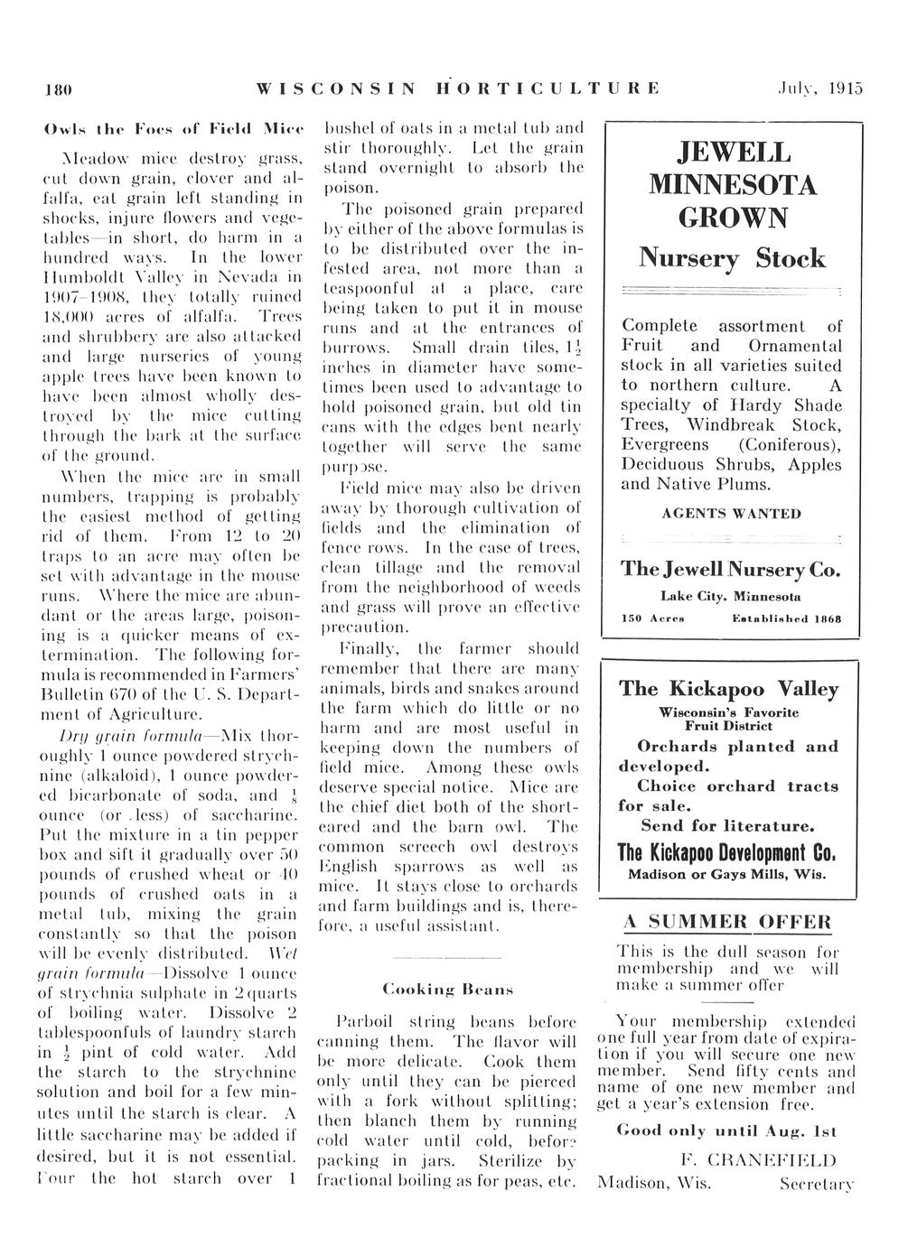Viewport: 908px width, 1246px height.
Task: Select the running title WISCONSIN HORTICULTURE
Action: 458,88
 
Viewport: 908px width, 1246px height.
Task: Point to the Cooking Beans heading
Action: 449,989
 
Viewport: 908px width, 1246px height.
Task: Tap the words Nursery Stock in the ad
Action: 733,258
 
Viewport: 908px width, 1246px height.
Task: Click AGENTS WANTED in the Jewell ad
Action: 731,514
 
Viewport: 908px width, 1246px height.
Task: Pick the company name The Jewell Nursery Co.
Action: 731,570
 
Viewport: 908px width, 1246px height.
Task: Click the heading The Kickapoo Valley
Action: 728,689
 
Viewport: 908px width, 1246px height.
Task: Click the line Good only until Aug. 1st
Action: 726,1130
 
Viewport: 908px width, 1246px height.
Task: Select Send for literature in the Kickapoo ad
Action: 727,825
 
